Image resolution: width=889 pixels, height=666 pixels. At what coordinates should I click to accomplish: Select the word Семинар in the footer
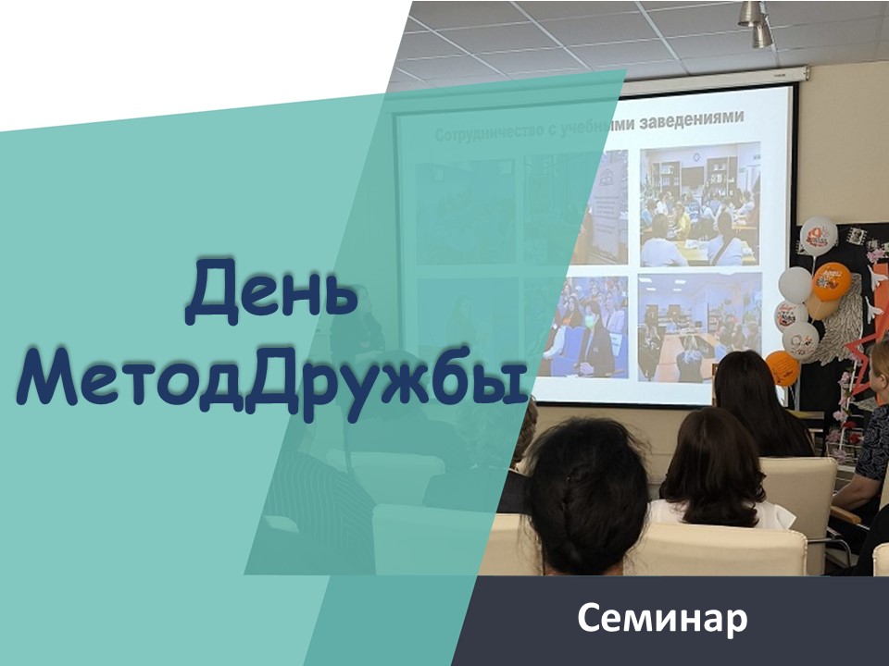(662, 619)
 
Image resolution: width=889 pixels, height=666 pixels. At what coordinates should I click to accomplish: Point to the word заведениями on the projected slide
(691, 119)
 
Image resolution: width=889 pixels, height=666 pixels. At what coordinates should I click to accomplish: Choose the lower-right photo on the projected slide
(700, 327)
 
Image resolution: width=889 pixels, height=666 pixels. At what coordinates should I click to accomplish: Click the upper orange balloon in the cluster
(832, 281)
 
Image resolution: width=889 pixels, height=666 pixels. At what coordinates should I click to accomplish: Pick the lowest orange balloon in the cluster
(783, 367)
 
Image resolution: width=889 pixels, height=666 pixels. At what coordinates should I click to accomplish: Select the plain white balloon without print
(795, 284)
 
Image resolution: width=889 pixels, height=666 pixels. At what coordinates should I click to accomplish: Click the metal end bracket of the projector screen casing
(803, 72)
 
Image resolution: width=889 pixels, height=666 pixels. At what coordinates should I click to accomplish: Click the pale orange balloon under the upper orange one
(820, 307)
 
